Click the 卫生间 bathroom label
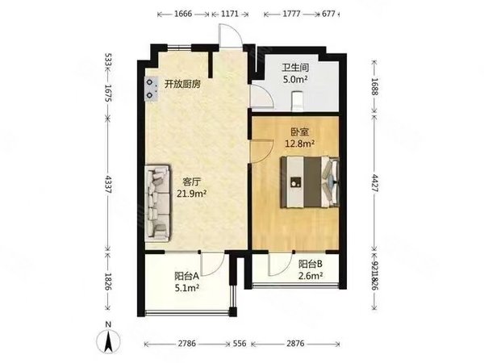296,68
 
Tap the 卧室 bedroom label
298,131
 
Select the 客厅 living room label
191,181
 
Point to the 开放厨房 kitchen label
182,83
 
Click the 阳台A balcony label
187,275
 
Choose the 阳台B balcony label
311,264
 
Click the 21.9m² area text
193,194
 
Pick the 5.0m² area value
296,79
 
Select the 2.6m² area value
311,276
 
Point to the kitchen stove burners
152,88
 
